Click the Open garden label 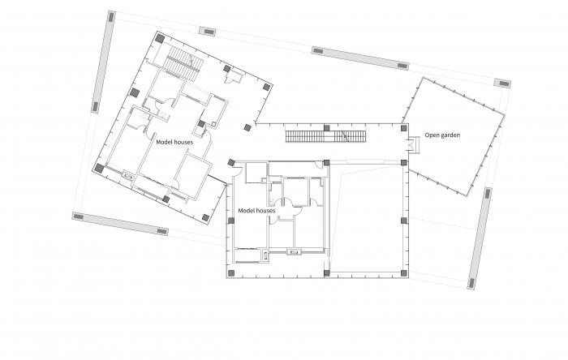click(442, 135)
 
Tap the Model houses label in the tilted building click(174, 142)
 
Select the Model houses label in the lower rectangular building click(256, 211)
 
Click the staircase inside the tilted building click(183, 64)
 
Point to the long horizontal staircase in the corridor click(325, 136)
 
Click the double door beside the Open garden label click(412, 144)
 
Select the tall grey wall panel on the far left click(103, 62)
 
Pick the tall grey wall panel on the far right click(480, 238)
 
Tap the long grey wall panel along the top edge click(360, 58)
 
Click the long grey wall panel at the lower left click(120, 224)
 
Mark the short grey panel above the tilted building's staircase click(207, 31)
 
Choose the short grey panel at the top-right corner click(502, 83)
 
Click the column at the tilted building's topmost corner click(160, 38)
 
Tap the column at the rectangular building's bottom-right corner click(404, 273)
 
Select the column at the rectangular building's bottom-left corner click(230, 273)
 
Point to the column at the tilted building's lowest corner click(205, 217)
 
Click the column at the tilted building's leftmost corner click(99, 168)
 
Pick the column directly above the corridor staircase click(326, 128)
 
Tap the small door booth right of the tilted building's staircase click(234, 77)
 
